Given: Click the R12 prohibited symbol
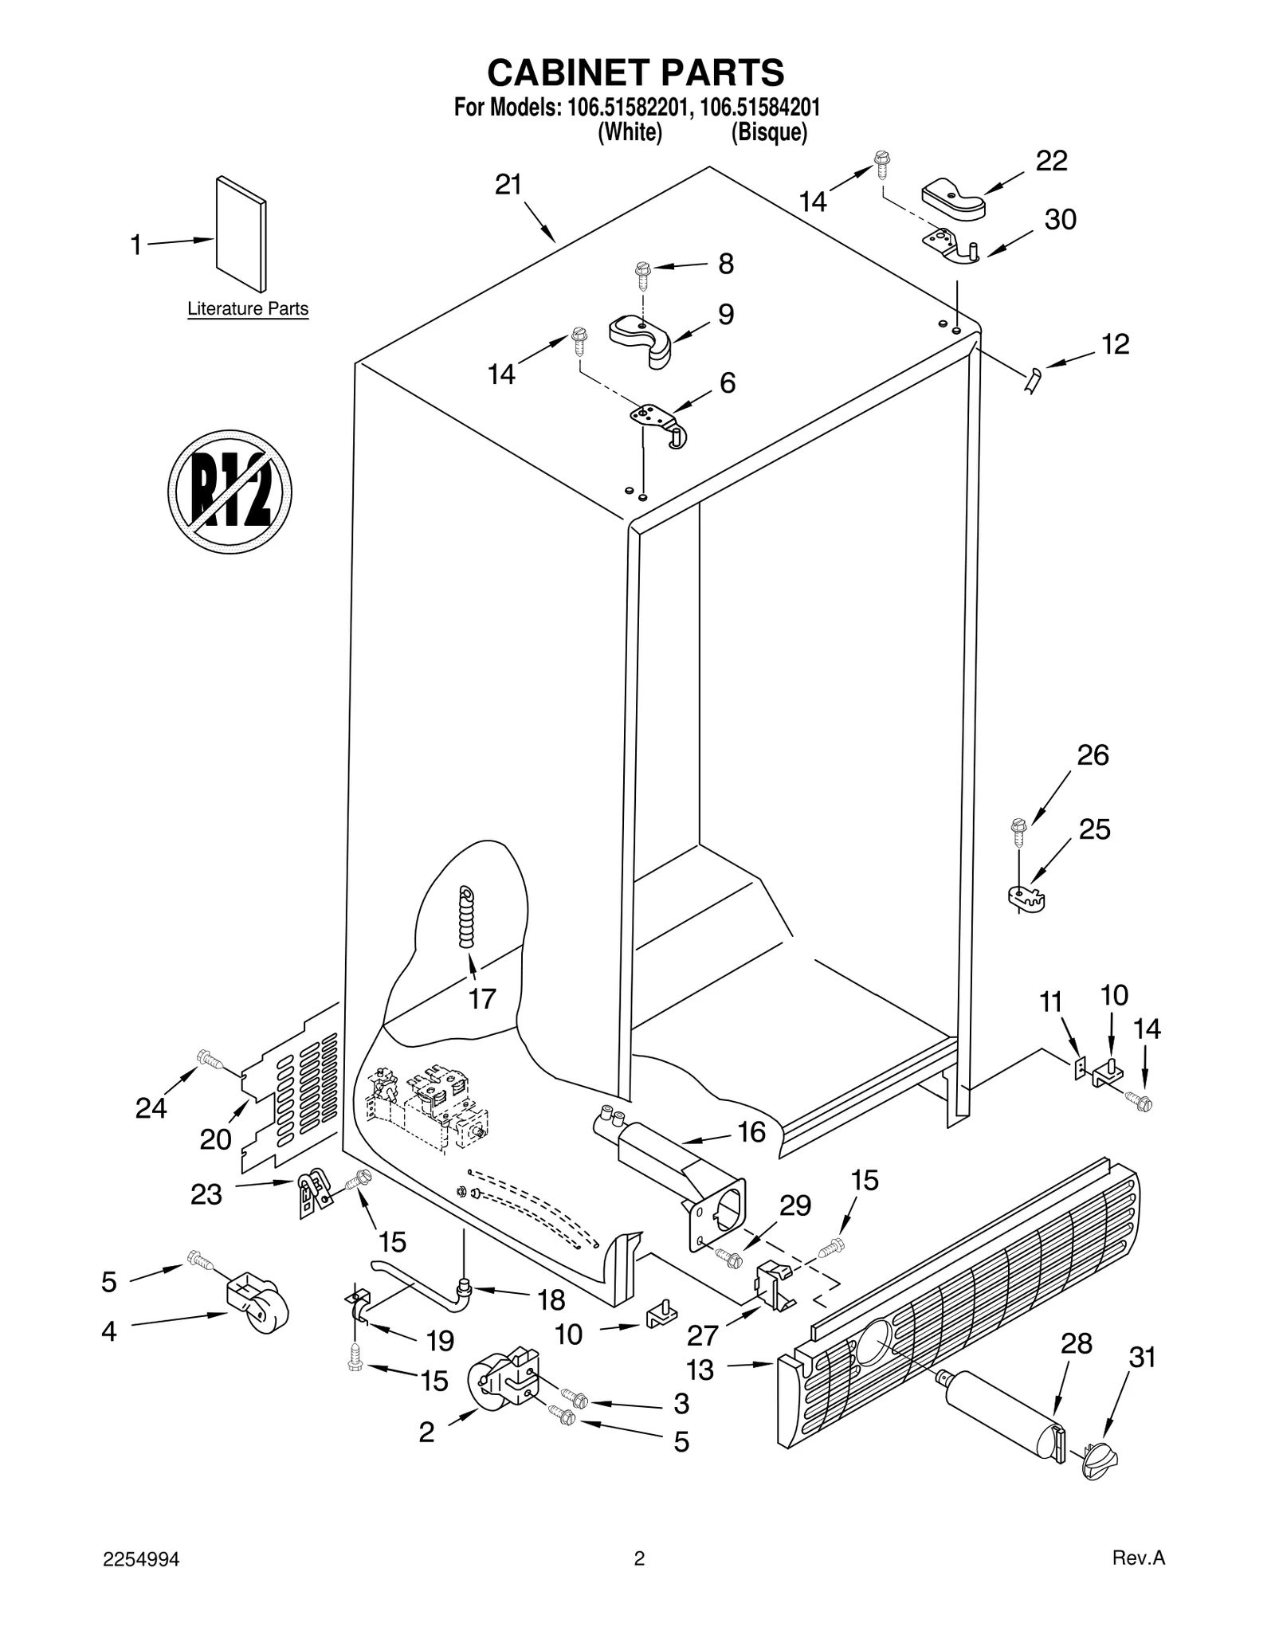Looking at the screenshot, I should coord(229,492).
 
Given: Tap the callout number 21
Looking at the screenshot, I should coord(508,185).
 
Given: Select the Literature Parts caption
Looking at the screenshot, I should coord(248,308).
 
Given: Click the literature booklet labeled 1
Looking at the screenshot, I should coord(241,234).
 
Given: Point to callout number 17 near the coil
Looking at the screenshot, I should coord(482,998).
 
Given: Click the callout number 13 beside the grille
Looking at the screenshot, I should coord(700,1370).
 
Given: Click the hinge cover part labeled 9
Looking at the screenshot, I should coord(642,338).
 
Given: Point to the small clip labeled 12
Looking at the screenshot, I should coord(1033,381).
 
